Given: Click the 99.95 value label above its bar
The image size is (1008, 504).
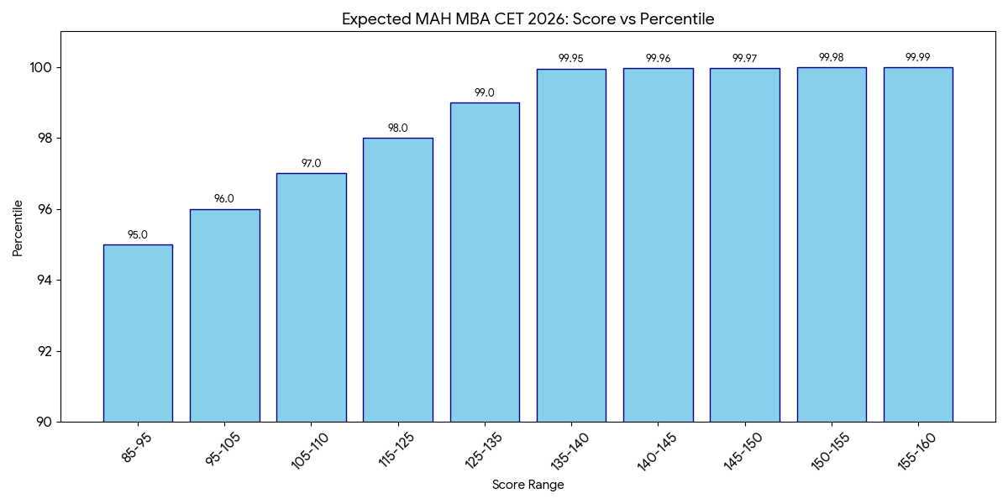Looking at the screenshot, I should pyautogui.click(x=570, y=59).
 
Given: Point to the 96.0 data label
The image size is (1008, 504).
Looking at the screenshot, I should pyautogui.click(x=224, y=199).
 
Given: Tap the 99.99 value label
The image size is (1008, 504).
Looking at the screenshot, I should pyautogui.click(x=917, y=57).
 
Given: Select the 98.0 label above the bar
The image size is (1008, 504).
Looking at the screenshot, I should pyautogui.click(x=397, y=129).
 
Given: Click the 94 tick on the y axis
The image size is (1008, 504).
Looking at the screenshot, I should pyautogui.click(x=44, y=280).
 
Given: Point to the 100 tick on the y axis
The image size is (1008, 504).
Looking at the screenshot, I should pyautogui.click(x=41, y=67).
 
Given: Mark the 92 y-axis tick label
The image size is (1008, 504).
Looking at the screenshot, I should pyautogui.click(x=44, y=351).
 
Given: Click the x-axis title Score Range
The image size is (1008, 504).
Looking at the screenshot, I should pyautogui.click(x=528, y=485).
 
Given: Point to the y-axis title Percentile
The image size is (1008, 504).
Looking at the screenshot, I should pyautogui.click(x=18, y=228).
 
